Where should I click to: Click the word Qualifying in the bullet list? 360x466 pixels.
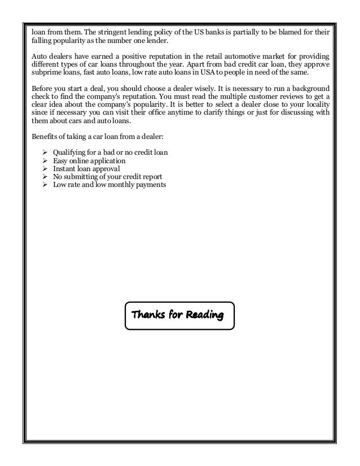click(70, 154)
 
